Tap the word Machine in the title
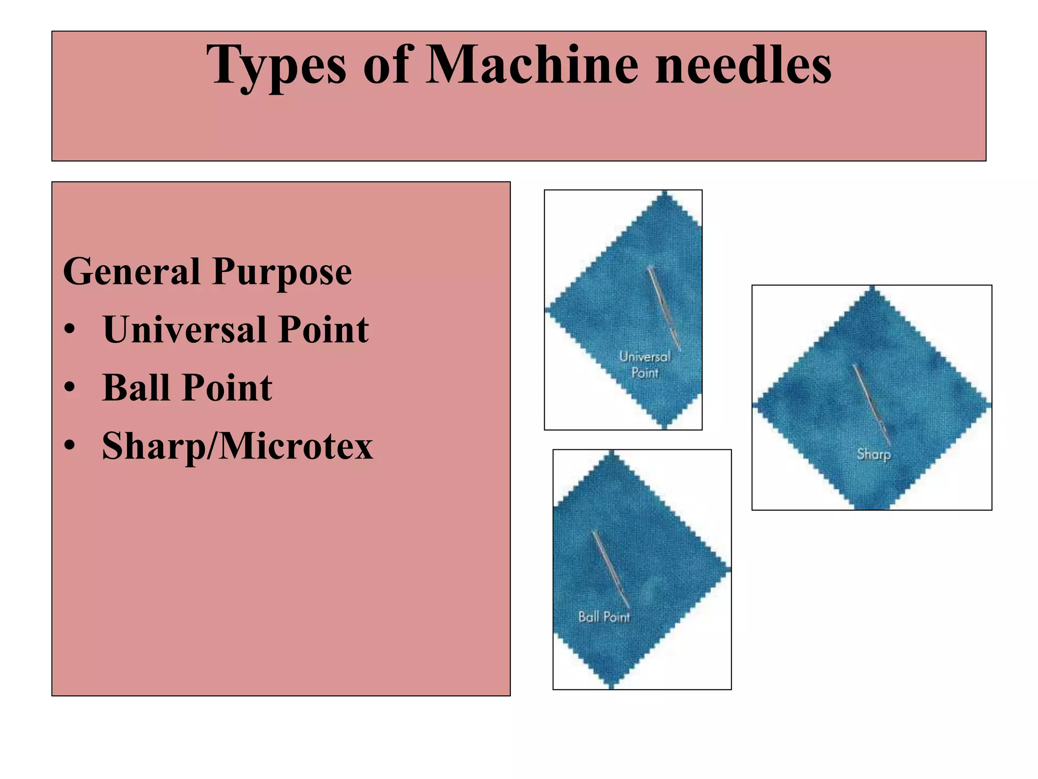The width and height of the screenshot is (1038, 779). pos(532,65)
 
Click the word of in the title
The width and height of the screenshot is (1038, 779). pos(386,65)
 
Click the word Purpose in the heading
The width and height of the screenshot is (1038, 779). pos(282,273)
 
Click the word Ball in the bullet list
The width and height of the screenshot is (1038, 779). pos(136,388)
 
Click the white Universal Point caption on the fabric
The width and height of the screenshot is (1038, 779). pos(645,365)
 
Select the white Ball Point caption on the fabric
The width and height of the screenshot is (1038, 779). pos(604,617)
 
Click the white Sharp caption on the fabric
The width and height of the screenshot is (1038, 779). pos(874,454)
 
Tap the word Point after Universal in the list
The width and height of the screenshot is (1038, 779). pos(324,330)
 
